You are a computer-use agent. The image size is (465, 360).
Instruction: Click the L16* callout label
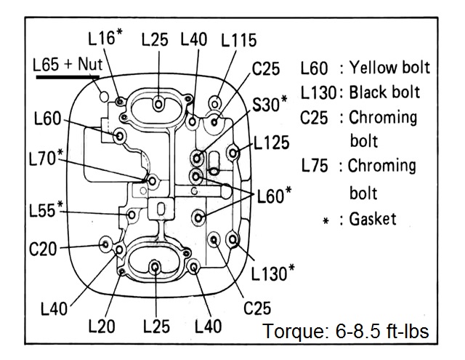coord(105,37)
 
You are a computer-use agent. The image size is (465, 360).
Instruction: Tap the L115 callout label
coord(239,40)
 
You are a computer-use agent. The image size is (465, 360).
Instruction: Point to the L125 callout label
coord(271,143)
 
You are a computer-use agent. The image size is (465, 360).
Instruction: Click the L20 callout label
coord(102,326)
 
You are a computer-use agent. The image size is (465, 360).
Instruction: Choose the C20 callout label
coord(43,249)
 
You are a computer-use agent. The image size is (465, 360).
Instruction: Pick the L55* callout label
coord(46,209)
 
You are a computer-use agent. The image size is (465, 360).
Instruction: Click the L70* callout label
coord(46,157)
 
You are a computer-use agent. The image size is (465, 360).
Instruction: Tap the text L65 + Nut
coord(68,64)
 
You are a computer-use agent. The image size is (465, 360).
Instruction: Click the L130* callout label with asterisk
coord(273,273)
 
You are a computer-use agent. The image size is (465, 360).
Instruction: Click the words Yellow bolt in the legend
coord(389,68)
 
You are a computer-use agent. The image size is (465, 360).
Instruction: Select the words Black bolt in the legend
coord(384,92)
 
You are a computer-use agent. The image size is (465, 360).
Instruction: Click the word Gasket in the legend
coord(373,219)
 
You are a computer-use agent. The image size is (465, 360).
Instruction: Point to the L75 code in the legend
coord(315,166)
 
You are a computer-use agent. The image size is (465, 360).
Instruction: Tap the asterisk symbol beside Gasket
coord(326,221)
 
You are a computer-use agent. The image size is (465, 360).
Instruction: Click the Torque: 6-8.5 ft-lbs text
coord(346,331)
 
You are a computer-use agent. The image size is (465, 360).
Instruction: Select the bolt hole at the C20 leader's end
coord(105,244)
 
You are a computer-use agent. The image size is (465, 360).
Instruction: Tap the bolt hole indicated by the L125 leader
coord(233,153)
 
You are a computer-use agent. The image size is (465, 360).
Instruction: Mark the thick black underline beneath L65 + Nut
coord(68,78)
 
